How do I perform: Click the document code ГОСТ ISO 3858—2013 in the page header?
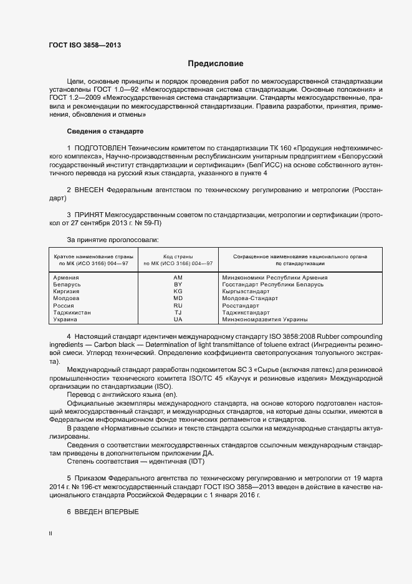click(85, 46)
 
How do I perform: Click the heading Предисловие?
click(216, 64)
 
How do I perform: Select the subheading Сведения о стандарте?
click(105, 131)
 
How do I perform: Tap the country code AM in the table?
click(178, 277)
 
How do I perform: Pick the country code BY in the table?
click(178, 285)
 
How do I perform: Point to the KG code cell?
click(178, 291)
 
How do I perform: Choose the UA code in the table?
click(178, 319)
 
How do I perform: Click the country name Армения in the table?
click(66, 277)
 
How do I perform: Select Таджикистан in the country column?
click(72, 313)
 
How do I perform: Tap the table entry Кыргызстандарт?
click(246, 291)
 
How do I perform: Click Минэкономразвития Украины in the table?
click(265, 319)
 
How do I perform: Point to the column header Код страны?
click(178, 256)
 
